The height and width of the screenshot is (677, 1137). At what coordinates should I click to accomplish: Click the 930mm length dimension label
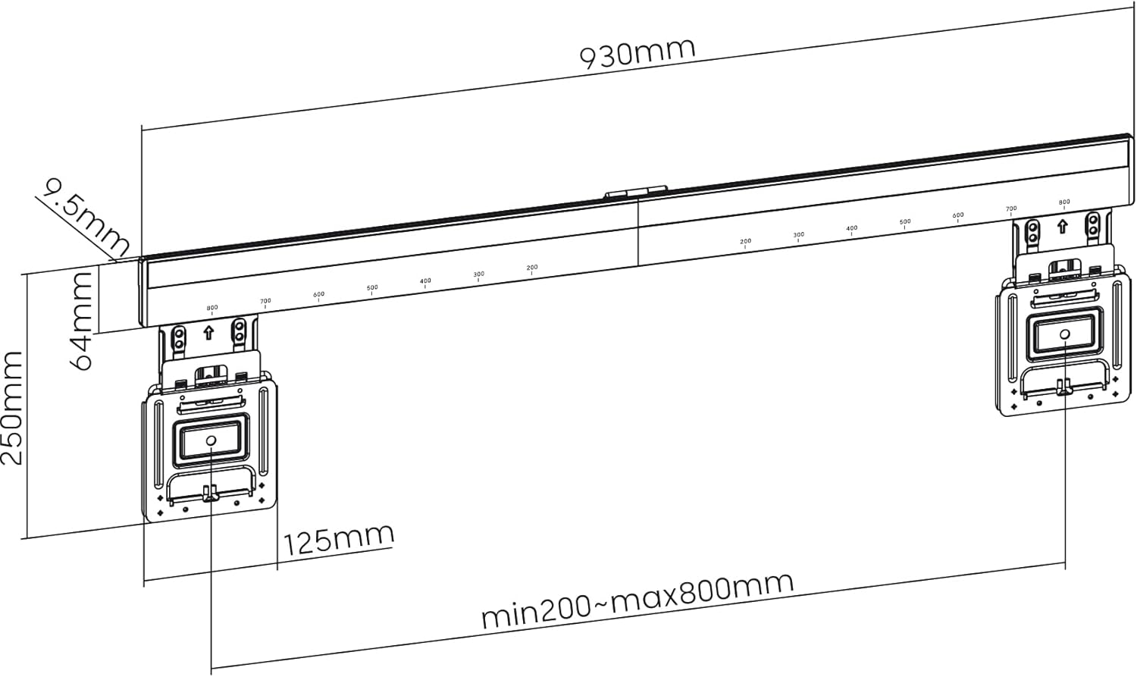(636, 52)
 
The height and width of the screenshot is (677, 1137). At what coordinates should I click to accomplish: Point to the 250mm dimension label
(13, 409)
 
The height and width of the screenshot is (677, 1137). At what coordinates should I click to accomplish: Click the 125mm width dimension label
(338, 538)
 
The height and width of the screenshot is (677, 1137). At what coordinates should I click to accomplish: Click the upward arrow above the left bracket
(209, 332)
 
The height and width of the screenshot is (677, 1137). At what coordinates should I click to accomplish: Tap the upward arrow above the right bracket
(1062, 225)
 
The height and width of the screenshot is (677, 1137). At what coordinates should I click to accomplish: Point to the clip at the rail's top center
(635, 193)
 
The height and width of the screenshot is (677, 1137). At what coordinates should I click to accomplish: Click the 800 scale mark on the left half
(212, 309)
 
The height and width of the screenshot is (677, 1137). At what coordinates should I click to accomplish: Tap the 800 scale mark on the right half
(1064, 202)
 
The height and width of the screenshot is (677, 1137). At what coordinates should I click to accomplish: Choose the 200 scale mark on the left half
(532, 268)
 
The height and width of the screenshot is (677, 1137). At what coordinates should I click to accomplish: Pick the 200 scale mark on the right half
(745, 242)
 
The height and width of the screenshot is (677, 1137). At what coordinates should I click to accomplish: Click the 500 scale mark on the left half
(372, 288)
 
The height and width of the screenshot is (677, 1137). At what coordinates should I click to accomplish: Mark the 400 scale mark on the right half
(852, 228)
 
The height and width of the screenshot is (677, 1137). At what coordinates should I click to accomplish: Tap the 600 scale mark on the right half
(958, 215)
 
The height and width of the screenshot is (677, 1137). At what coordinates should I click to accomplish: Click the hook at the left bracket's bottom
(210, 494)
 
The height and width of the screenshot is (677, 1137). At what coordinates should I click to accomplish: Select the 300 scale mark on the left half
(478, 274)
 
